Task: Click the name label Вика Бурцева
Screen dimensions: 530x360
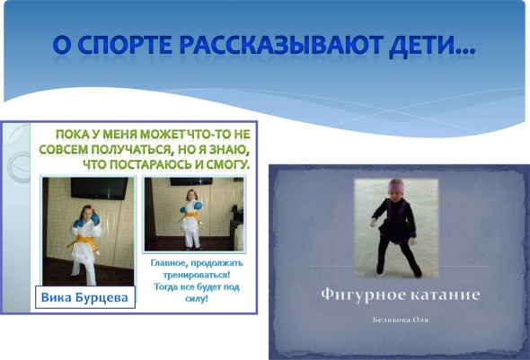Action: coord(84,297)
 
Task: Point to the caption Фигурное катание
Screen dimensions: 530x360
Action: coord(401,294)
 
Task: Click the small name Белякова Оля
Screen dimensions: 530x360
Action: coord(401,320)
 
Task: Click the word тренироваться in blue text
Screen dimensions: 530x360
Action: coord(197,275)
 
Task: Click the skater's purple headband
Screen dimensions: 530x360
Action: coord(396,188)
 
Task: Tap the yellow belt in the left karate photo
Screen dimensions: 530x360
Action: coord(83,241)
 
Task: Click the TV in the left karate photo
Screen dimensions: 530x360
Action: coord(100,189)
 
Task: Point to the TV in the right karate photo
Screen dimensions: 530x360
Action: coord(191,181)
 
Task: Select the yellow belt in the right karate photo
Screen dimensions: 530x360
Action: coord(192,216)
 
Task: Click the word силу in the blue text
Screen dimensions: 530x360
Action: coord(197,299)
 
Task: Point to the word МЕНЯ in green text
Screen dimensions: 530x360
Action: coord(119,134)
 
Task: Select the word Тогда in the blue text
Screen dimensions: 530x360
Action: coord(166,287)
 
